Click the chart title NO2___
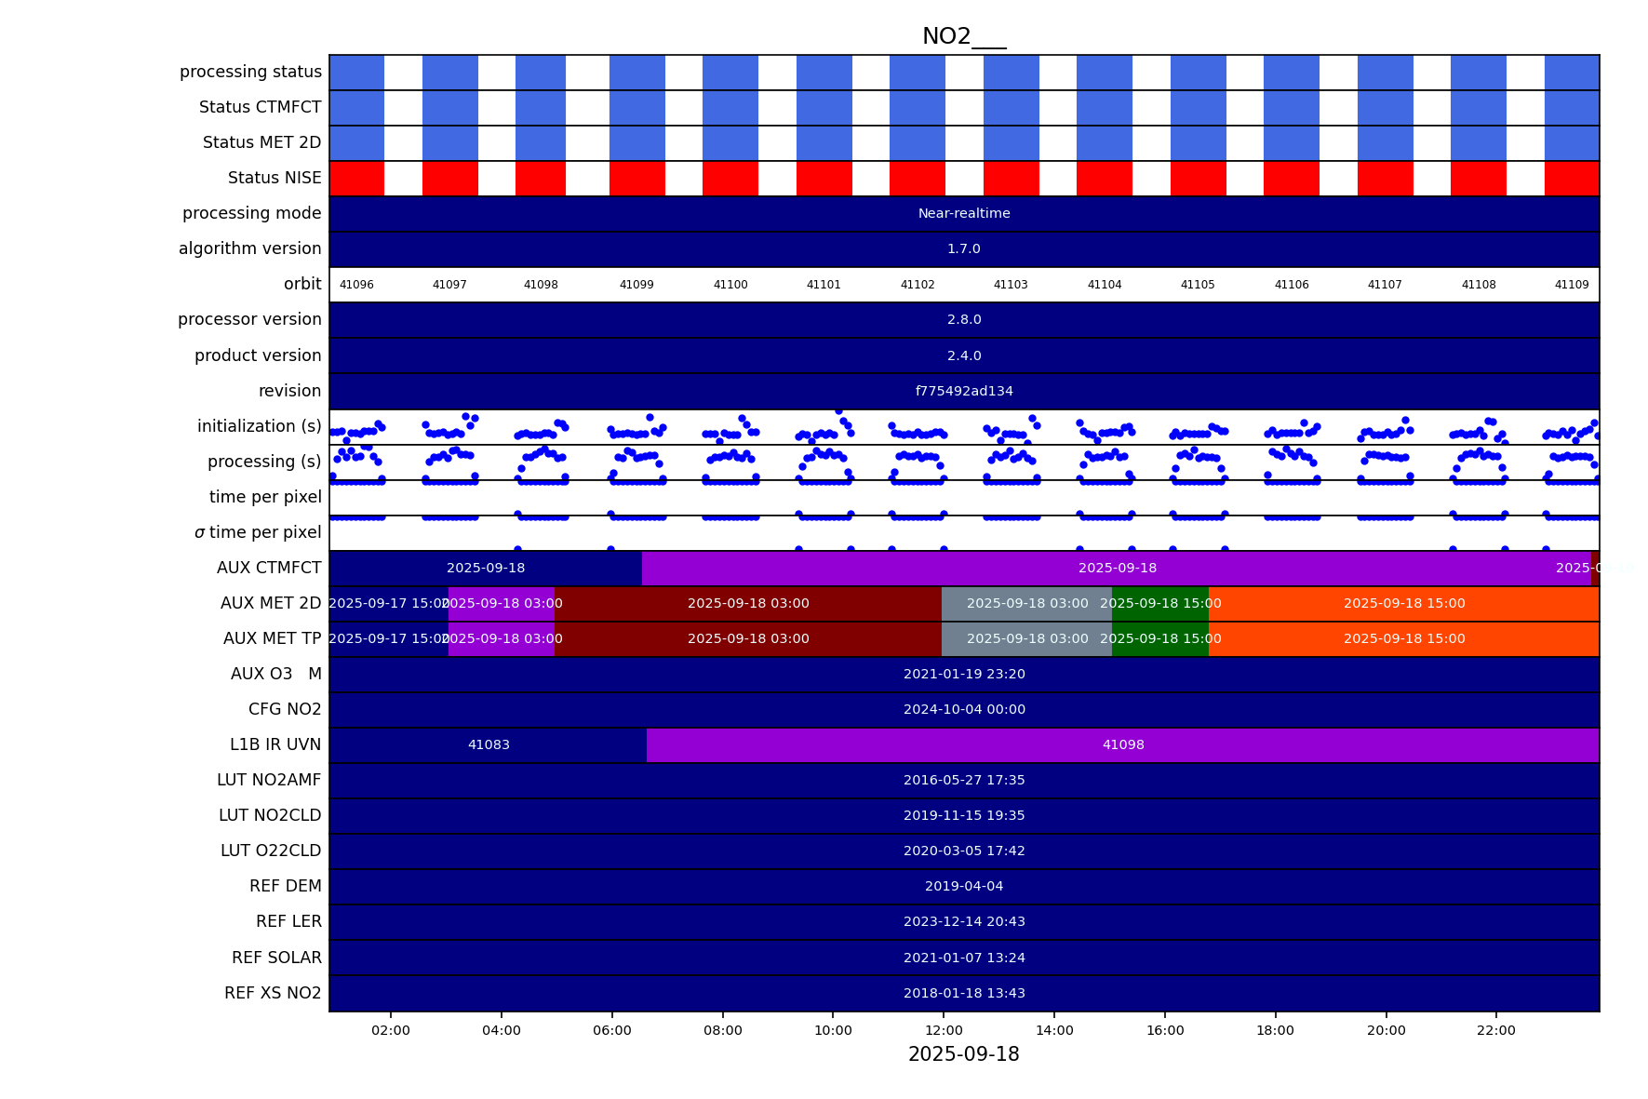[x=963, y=36]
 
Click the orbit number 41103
[x=1011, y=285]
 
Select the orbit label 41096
[x=356, y=285]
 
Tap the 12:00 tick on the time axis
[x=944, y=1030]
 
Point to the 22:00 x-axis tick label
[x=1495, y=1030]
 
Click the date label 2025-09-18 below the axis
[x=963, y=1054]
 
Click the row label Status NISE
[x=275, y=178]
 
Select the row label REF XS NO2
[x=273, y=993]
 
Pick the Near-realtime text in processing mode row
[x=964, y=213]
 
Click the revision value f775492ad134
[x=964, y=391]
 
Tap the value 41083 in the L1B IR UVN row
[x=489, y=744]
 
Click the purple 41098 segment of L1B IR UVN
[x=1123, y=744]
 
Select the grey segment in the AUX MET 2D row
[x=1026, y=603]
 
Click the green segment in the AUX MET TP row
[x=1160, y=638]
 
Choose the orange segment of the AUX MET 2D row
[x=1403, y=603]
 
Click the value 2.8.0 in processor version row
[x=964, y=319]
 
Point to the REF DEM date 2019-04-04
[x=964, y=886]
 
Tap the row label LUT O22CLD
[x=271, y=851]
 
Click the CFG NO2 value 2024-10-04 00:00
[x=964, y=709]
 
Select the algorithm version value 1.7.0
[x=964, y=248]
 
